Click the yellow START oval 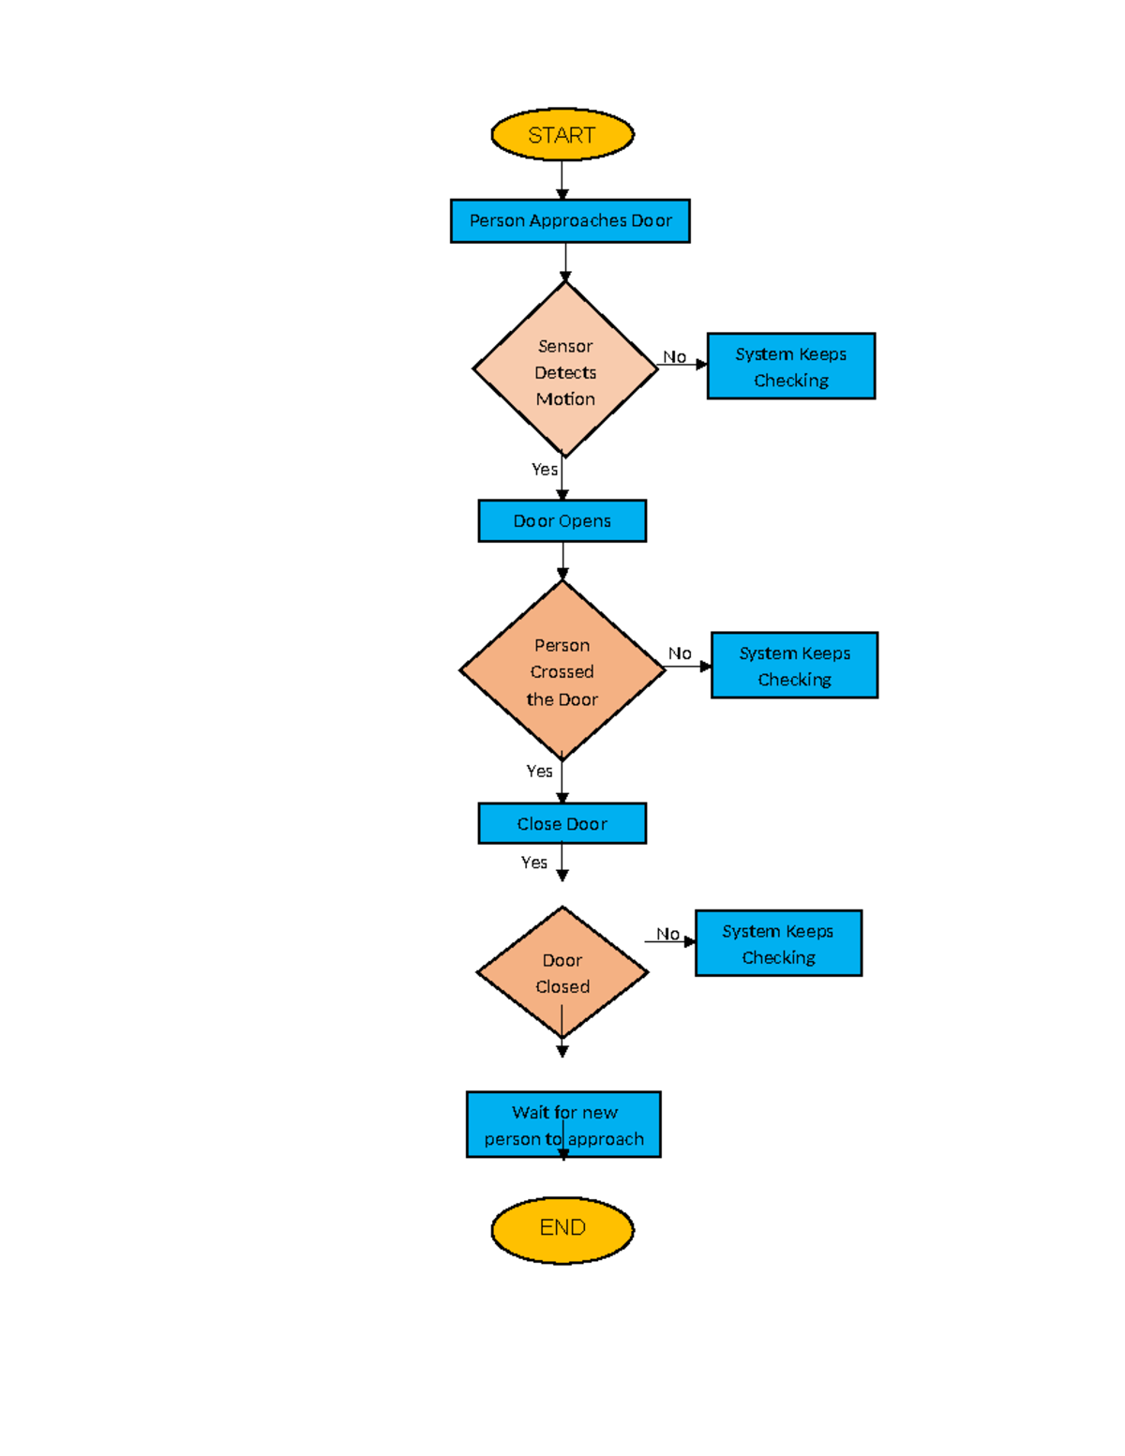tap(562, 135)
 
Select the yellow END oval tap(562, 1229)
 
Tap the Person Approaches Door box tap(570, 221)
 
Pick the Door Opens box tap(562, 521)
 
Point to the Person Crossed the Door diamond tap(562, 670)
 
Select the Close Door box tap(562, 823)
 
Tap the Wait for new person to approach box tap(563, 1124)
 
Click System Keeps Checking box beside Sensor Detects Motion tap(791, 367)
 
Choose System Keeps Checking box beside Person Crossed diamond tap(794, 666)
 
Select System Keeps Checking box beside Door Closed tap(778, 943)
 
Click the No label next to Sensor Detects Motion tap(674, 357)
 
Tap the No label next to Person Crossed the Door tap(680, 653)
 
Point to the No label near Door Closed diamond tap(667, 934)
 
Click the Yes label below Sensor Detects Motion tap(544, 469)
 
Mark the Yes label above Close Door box tap(539, 771)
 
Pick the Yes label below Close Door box tap(534, 863)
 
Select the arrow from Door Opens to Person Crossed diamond tap(562, 561)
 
